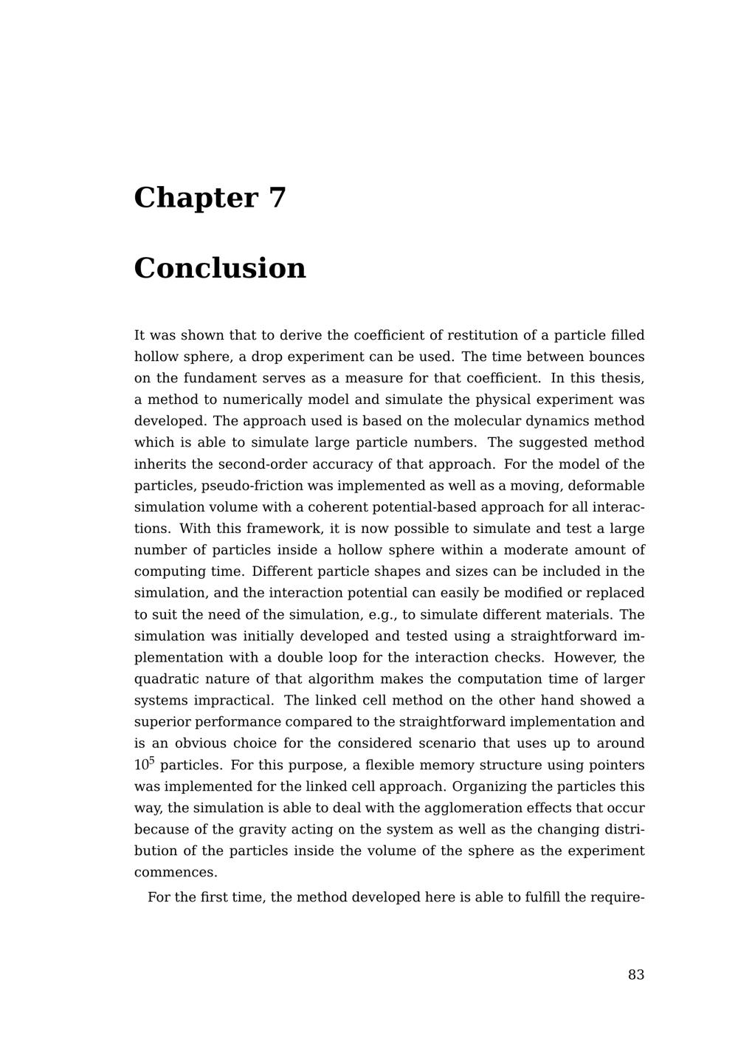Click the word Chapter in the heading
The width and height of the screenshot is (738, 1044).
196,198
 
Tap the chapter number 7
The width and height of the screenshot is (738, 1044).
277,198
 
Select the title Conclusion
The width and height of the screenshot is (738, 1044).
220,268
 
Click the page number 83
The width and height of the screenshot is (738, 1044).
636,975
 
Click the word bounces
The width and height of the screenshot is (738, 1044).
616,357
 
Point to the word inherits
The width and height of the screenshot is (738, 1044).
159,464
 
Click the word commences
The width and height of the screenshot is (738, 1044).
176,872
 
